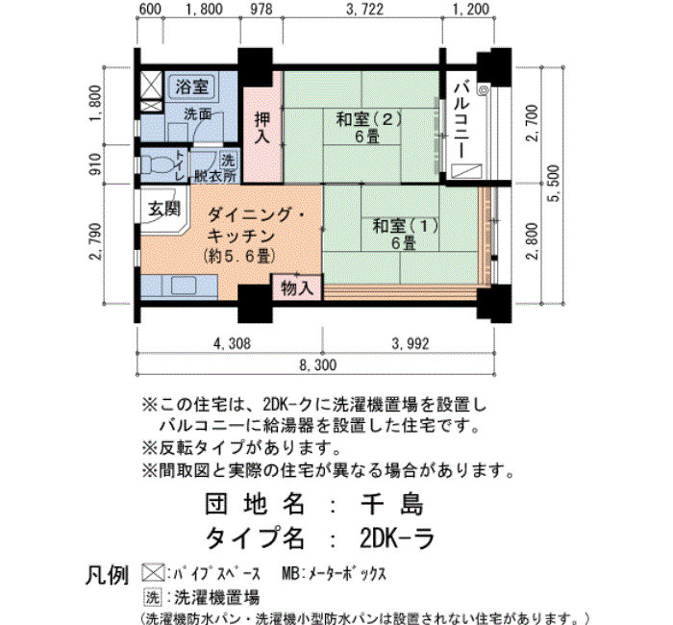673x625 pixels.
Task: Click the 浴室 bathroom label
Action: (192, 87)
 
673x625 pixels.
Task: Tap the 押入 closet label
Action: (262, 128)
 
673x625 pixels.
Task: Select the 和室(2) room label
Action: (368, 119)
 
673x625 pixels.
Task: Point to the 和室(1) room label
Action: (405, 226)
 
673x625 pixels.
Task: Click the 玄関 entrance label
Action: (164, 210)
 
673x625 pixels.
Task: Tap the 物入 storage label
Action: (297, 288)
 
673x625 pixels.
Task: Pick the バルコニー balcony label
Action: (461, 121)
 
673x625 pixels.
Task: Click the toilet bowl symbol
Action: (156, 164)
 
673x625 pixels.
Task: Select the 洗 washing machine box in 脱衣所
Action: (228, 161)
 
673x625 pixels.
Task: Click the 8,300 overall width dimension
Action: (317, 365)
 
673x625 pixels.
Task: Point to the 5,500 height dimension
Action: (554, 184)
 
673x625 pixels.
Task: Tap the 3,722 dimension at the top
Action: (364, 10)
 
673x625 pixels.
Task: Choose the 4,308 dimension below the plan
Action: (232, 343)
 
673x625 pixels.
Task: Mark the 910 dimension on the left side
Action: (96, 164)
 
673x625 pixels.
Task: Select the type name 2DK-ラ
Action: (397, 538)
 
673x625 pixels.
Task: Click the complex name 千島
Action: (392, 503)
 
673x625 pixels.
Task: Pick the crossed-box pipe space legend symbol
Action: (153, 573)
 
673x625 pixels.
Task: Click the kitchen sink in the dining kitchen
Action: (184, 285)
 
